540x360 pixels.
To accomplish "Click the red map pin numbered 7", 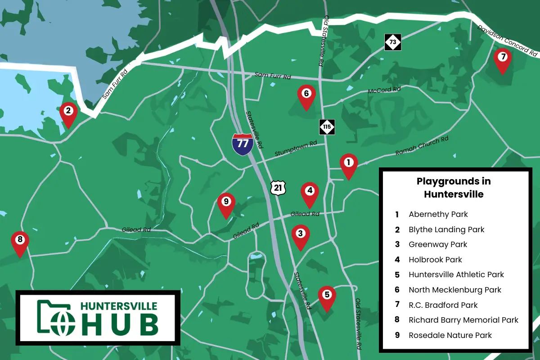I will (x=503, y=59).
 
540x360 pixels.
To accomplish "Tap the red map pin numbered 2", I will (x=68, y=112).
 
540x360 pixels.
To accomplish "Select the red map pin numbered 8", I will (x=20, y=241).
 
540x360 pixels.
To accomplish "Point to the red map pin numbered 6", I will (x=306, y=95).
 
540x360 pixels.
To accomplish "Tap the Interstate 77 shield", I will (x=242, y=144).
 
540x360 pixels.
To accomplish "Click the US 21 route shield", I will (x=278, y=187).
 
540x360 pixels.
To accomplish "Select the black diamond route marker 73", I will (x=393, y=42).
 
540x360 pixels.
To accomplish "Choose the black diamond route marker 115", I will (x=327, y=127).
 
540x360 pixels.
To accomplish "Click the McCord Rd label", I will (x=384, y=90).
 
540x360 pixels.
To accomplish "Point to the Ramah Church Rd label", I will (x=422, y=146).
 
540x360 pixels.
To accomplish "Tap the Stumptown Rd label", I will (x=296, y=150).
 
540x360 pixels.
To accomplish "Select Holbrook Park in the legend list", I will (x=435, y=260).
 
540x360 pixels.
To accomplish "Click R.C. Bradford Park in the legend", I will (x=443, y=305).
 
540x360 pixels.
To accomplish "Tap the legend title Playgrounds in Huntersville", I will (x=454, y=188).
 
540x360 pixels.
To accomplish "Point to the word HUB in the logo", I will (x=119, y=324).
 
